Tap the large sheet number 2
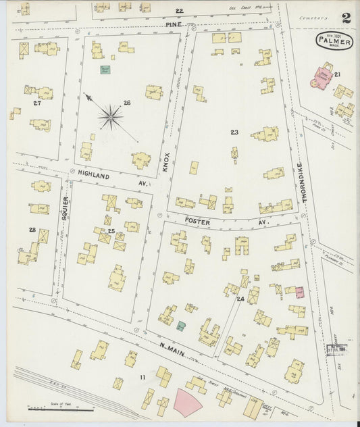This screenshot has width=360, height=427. click(x=346, y=18)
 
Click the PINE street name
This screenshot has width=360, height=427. click(x=174, y=24)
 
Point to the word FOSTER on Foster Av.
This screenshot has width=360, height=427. click(x=197, y=222)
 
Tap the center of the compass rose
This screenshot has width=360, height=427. click(x=110, y=117)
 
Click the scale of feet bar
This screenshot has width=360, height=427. click(x=51, y=409)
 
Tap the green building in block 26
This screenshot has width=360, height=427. click(x=105, y=69)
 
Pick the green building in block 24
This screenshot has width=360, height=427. click(x=181, y=326)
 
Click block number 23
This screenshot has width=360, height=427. click(x=234, y=132)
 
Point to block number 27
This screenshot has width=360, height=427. click(x=37, y=103)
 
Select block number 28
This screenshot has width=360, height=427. click(x=32, y=230)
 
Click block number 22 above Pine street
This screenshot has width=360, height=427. click(x=179, y=11)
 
